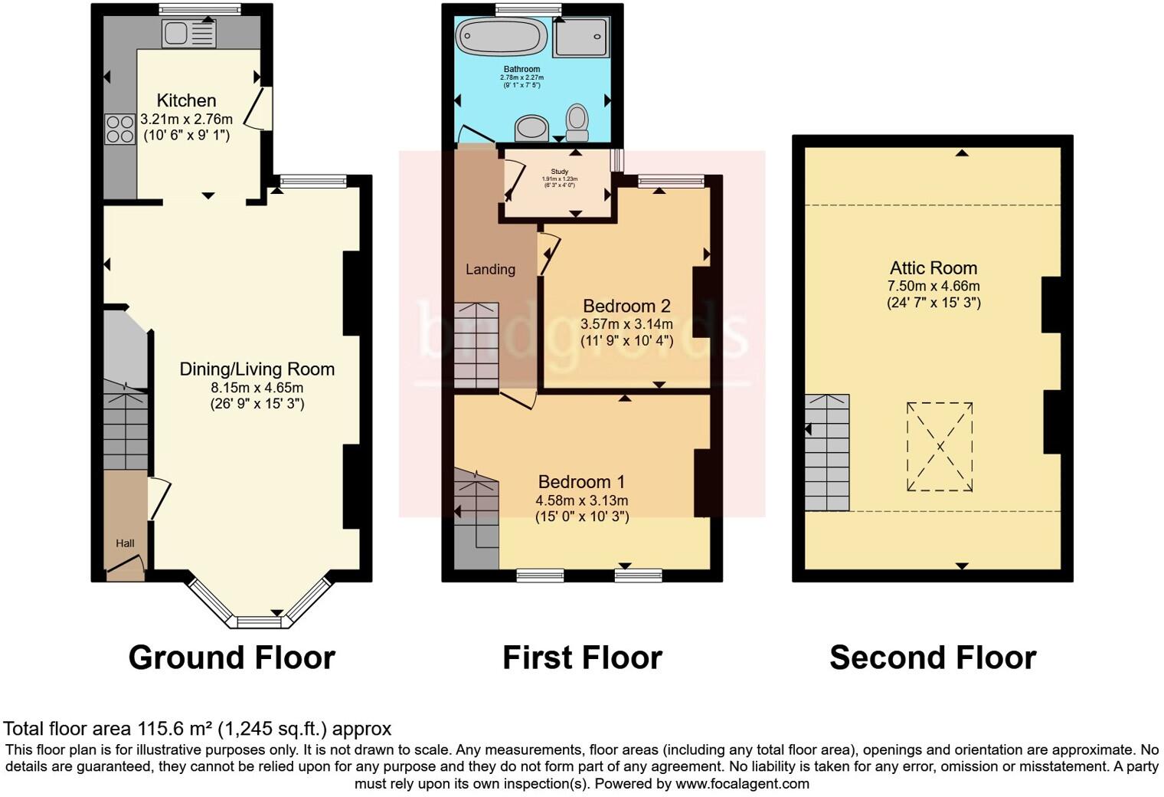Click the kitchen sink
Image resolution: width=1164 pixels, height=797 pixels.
(188, 34)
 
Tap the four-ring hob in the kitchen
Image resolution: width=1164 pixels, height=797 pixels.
(119, 128)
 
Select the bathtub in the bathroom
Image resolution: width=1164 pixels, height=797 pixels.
(502, 37)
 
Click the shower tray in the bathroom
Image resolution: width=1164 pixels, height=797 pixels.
(581, 38)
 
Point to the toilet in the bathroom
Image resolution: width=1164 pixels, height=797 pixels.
(577, 123)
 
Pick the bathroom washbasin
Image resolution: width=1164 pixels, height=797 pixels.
(531, 129)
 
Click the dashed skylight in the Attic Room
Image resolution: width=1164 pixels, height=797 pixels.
(940, 446)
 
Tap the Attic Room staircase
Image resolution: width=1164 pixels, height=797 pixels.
(827, 452)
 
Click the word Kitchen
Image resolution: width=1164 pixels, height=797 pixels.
(186, 100)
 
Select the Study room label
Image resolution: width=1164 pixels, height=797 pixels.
(559, 172)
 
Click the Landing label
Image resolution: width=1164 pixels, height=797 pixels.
(490, 269)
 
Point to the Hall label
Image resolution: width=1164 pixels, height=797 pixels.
(125, 543)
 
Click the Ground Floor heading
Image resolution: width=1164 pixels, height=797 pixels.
(231, 658)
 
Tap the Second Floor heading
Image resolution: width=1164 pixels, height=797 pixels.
(932, 658)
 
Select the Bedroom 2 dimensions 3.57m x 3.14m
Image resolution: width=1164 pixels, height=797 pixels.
(626, 324)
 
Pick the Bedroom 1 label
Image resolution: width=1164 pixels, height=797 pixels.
(581, 482)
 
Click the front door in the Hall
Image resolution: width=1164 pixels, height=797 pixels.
(126, 567)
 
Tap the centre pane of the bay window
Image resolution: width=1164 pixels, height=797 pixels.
(259, 622)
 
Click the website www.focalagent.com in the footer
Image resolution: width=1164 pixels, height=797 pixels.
(741, 783)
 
